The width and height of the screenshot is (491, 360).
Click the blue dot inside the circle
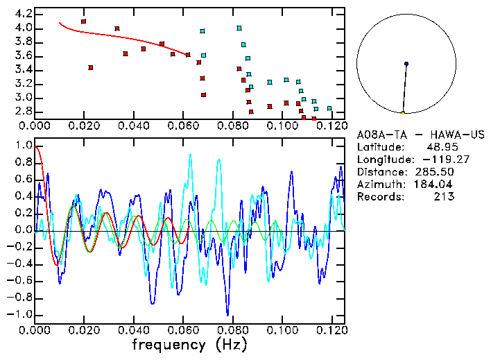[406, 64]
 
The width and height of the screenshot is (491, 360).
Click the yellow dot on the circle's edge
[403, 112]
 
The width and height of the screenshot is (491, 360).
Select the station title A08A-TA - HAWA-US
[420, 135]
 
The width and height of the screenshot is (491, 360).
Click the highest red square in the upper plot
[84, 22]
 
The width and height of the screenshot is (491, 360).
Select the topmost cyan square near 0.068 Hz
[203, 31]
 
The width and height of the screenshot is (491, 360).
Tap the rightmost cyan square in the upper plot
[329, 108]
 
